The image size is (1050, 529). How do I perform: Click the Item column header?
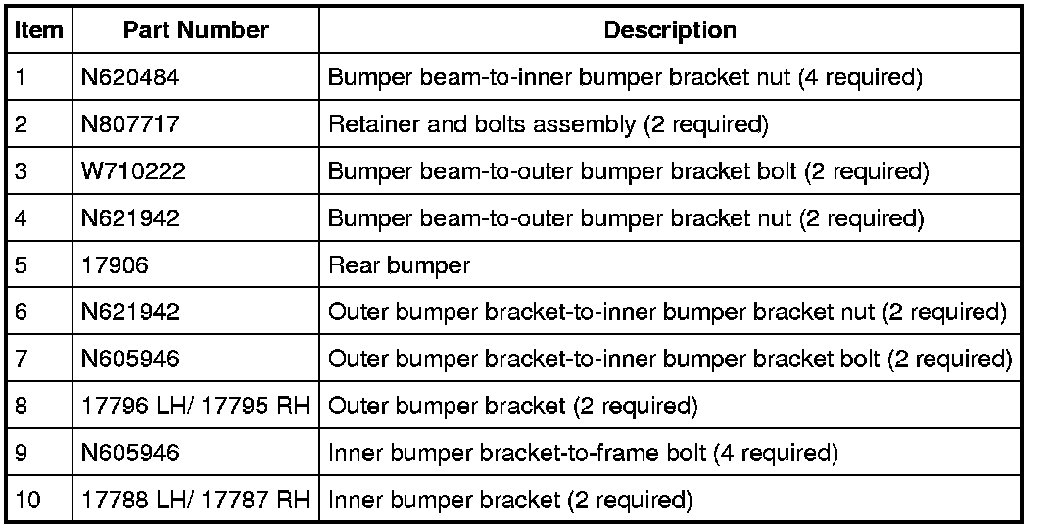tap(39, 30)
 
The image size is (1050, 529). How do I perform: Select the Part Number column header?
tap(196, 30)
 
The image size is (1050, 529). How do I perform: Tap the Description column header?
tap(670, 30)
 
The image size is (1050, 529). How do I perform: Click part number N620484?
tap(130, 78)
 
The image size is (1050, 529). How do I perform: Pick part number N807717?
tap(130, 125)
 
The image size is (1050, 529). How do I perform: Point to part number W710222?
tap(133, 172)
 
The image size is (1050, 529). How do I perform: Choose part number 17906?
tap(112, 265)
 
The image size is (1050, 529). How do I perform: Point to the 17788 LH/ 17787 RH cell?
tap(196, 501)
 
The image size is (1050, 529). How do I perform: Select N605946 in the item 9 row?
tap(130, 454)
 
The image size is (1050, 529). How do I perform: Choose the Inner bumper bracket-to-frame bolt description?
tap(584, 454)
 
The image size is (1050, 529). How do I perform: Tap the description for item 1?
tap(625, 78)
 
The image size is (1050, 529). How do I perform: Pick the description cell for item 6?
tap(667, 313)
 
